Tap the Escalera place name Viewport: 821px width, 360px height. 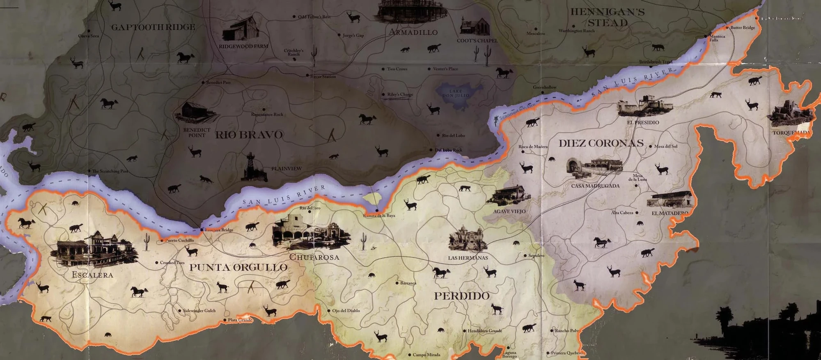[x=92, y=275]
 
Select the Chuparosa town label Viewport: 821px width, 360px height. [x=314, y=257]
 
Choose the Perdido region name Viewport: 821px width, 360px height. [x=462, y=296]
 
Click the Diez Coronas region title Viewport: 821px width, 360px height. [x=601, y=143]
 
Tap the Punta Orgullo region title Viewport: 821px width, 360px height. [x=238, y=268]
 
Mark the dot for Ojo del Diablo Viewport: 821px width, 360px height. [x=329, y=311]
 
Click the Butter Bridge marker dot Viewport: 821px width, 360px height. [x=727, y=28]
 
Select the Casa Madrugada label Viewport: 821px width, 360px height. [x=595, y=186]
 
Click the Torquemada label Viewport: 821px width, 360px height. [x=791, y=133]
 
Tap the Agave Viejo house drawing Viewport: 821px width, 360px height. [x=509, y=195]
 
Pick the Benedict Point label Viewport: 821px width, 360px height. [x=197, y=133]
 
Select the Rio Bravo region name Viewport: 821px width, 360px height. [x=249, y=135]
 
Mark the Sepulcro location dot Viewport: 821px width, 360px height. [x=525, y=256]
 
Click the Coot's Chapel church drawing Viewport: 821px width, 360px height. [x=475, y=26]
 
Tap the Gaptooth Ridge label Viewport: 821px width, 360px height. [x=153, y=27]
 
